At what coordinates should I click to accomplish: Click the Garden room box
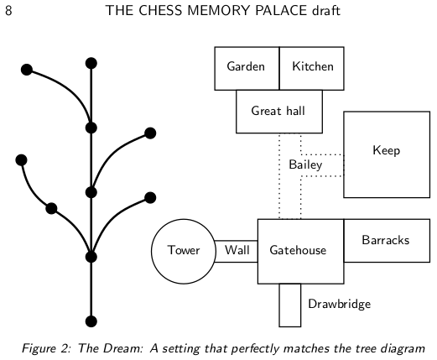pos(246,67)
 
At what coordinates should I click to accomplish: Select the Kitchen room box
pos(311,67)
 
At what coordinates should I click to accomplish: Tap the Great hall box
pos(278,111)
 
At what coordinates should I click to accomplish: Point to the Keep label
pos(386,151)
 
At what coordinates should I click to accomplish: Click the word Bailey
pos(305,165)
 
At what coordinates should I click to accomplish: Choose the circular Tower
pos(183,250)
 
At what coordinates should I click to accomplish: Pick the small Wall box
pos(237,250)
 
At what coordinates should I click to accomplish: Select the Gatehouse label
pos(298,250)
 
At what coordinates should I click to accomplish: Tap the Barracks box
pos(386,241)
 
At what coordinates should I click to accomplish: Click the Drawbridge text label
pos(339,304)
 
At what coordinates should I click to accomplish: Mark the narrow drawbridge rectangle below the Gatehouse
pos(289,305)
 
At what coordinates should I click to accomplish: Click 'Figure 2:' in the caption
pos(45,347)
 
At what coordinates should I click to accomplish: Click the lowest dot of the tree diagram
pos(91,321)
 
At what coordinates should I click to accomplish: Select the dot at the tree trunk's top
pos(91,63)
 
